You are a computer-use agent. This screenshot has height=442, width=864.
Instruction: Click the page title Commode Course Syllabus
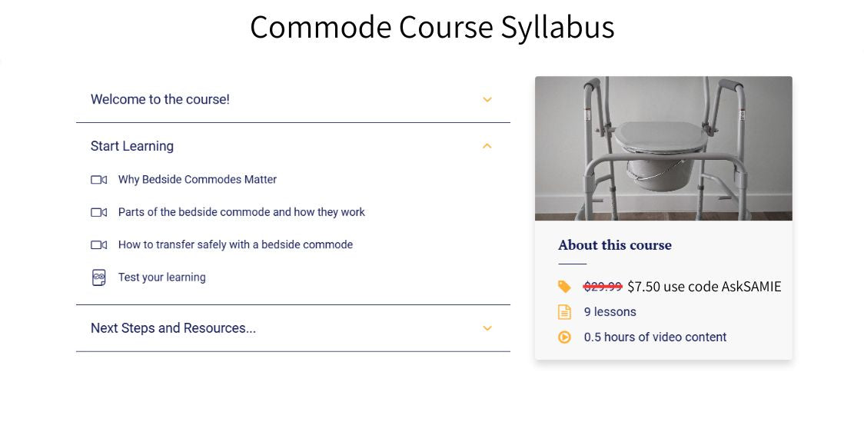432,28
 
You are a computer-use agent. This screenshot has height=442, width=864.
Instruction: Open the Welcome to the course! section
160,99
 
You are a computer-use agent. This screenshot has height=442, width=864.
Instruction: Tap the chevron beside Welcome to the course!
487,100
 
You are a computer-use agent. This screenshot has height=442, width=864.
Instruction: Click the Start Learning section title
132,146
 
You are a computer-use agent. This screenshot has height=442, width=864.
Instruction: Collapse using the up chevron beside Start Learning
487,146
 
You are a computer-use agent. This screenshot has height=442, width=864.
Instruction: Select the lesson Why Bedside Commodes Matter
198,179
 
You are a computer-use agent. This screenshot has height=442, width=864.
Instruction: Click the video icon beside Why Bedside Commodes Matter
98,180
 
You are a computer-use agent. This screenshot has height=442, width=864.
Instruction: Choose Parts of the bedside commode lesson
241,212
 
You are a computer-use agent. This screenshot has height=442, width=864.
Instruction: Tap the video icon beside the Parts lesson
98,212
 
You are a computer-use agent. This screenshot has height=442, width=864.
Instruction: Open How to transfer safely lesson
235,244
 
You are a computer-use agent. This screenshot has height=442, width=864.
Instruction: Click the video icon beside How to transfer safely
98,245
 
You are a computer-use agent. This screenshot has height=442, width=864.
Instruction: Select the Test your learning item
162,277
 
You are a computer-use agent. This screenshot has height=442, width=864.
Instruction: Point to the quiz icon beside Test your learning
98,277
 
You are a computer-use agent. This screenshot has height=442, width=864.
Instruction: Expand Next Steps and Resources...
173,328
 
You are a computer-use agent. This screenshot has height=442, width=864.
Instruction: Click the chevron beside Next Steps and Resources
487,328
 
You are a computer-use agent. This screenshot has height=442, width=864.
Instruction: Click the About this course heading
615,245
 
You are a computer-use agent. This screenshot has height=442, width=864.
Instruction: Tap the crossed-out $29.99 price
603,287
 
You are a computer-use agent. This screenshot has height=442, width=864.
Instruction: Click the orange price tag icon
564,287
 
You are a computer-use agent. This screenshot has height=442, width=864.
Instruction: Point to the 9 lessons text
610,312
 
